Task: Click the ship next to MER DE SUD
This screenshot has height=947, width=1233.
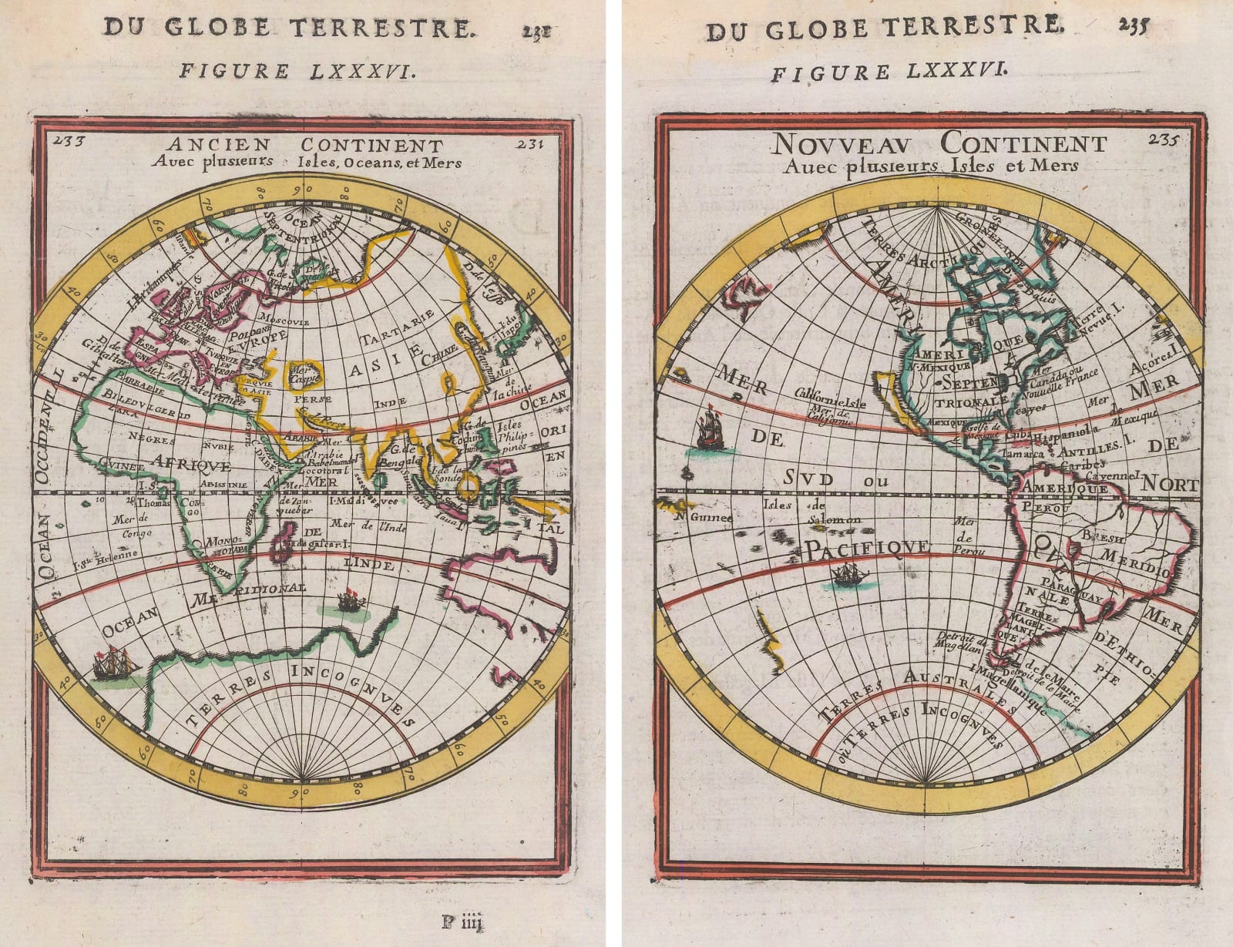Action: [709, 431]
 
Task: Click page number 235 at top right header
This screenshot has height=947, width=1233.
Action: [1133, 25]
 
